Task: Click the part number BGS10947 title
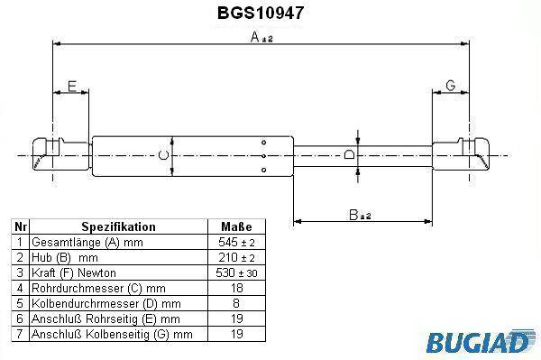[x=261, y=14]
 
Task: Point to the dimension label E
[x=72, y=86]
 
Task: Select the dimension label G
[x=451, y=86]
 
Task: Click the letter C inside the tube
[x=163, y=155]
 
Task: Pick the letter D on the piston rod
[x=349, y=154]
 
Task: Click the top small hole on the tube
[x=264, y=143]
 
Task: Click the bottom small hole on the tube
[x=264, y=170]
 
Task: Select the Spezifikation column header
[x=118, y=226]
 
